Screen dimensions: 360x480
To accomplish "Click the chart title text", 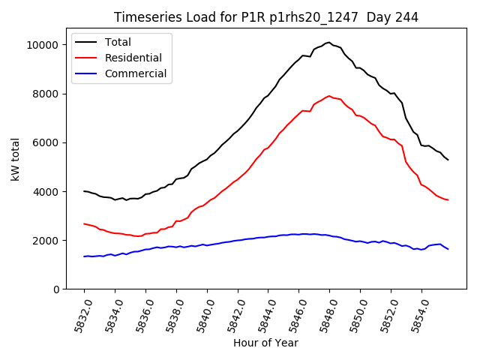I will click(x=266, y=17).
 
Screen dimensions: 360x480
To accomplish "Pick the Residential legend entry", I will click(x=133, y=58).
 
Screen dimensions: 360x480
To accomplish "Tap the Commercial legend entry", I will click(x=136, y=73).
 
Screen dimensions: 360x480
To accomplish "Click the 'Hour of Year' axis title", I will click(x=265, y=343).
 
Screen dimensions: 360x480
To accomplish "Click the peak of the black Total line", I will click(x=328, y=42).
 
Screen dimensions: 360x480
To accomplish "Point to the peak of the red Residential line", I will click(x=329, y=96).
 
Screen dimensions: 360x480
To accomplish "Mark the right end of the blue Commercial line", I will click(x=448, y=249).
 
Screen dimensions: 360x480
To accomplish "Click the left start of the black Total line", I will click(x=84, y=191).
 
